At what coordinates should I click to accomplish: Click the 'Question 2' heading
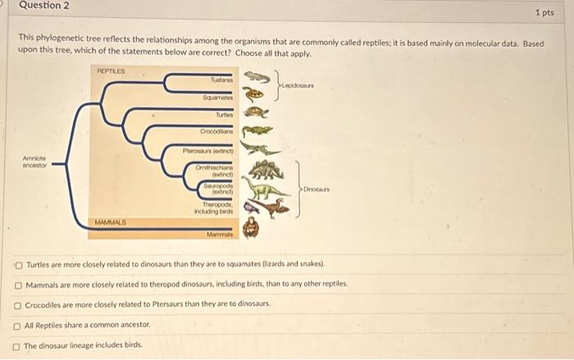pyautogui.click(x=45, y=6)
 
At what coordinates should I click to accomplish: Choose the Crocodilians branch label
pyautogui.click(x=217, y=132)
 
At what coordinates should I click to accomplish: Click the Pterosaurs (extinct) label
pyautogui.click(x=211, y=150)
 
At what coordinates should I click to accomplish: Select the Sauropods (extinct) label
pyautogui.click(x=219, y=189)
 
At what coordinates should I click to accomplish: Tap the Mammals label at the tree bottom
pyautogui.click(x=220, y=233)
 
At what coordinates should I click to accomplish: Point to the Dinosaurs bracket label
pyautogui.click(x=317, y=189)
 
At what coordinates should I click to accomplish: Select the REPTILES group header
pyautogui.click(x=109, y=71)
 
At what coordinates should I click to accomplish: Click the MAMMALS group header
pyautogui.click(x=110, y=221)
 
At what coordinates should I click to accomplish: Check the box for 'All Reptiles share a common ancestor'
pyautogui.click(x=18, y=326)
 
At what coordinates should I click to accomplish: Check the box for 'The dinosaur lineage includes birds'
pyautogui.click(x=18, y=345)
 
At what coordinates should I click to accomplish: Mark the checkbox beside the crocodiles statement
pyautogui.click(x=18, y=305)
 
